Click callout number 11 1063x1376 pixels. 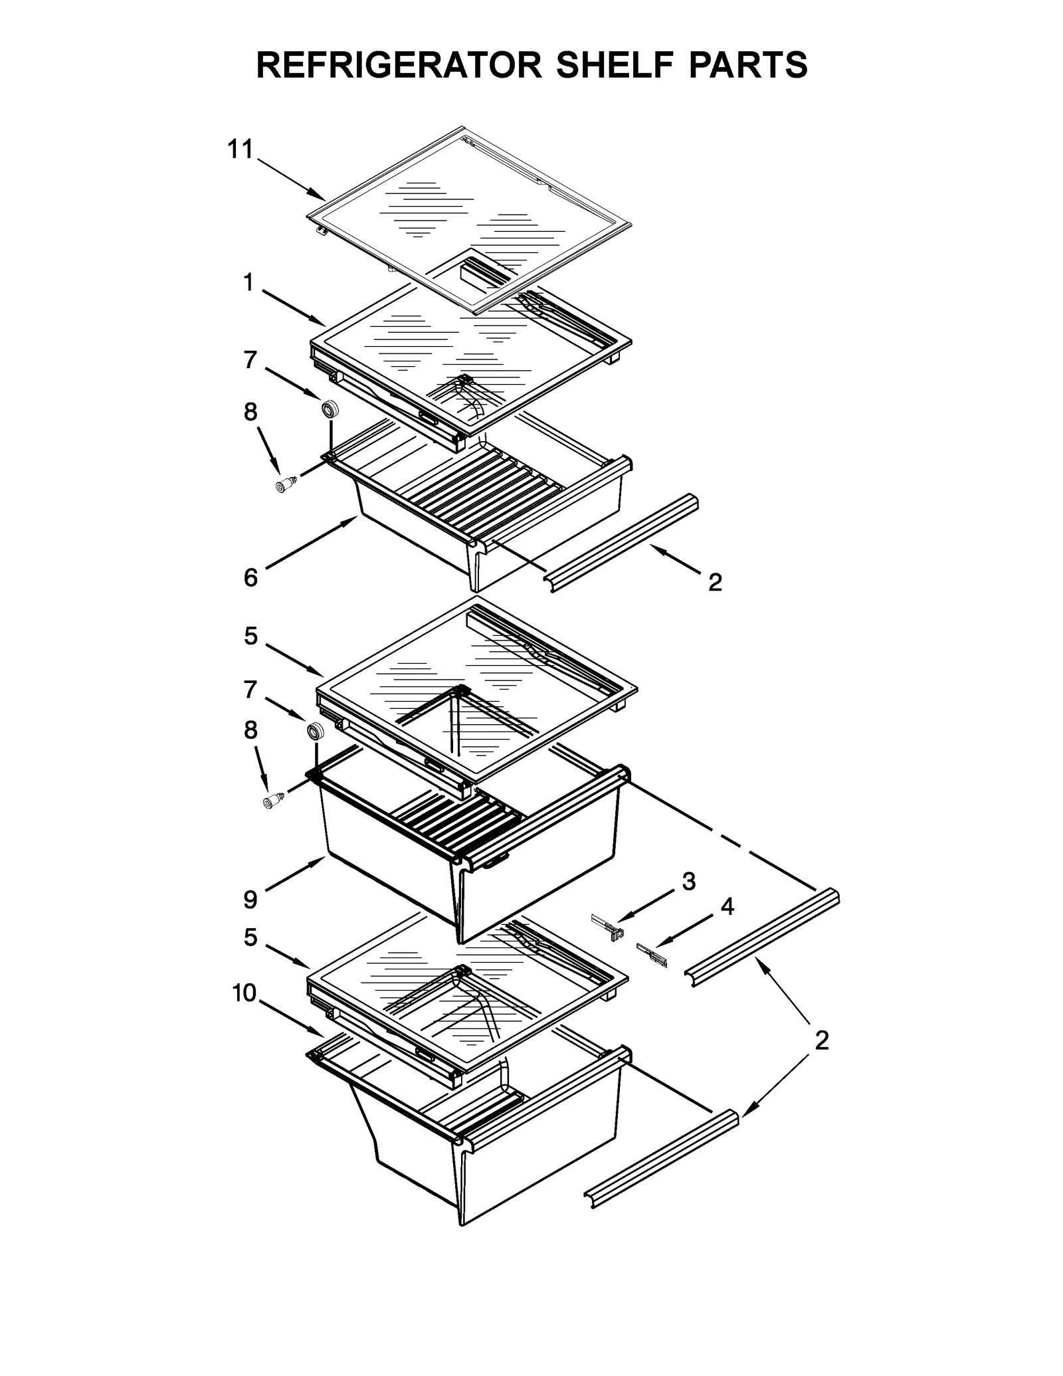[241, 149]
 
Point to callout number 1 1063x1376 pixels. [248, 283]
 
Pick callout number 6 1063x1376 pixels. [250, 577]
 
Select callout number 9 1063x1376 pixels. [250, 900]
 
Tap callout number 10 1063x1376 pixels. [244, 1011]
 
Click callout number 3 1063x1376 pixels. [689, 882]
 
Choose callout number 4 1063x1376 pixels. [727, 906]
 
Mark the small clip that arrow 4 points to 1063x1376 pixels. [650, 954]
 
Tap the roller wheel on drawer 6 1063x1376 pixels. [329, 409]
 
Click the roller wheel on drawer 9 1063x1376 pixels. [315, 732]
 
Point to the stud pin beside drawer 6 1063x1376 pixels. [286, 484]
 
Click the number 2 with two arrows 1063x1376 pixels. [822, 1059]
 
